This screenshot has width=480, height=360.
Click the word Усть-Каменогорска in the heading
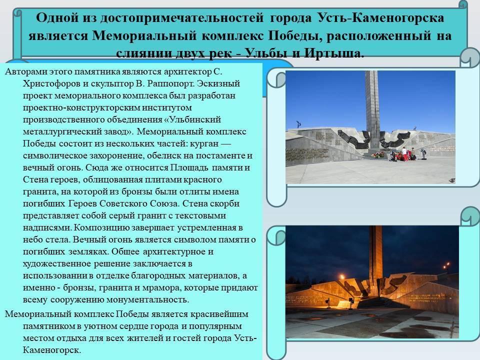(x=381, y=18)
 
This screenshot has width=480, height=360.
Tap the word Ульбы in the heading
(x=266, y=53)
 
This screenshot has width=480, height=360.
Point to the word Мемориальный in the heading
(x=144, y=35)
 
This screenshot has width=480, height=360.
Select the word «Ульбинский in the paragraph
(x=192, y=119)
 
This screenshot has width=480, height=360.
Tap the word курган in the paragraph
(x=204, y=143)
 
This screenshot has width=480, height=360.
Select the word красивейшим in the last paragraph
(x=219, y=314)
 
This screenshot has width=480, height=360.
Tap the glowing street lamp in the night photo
(x=447, y=264)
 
